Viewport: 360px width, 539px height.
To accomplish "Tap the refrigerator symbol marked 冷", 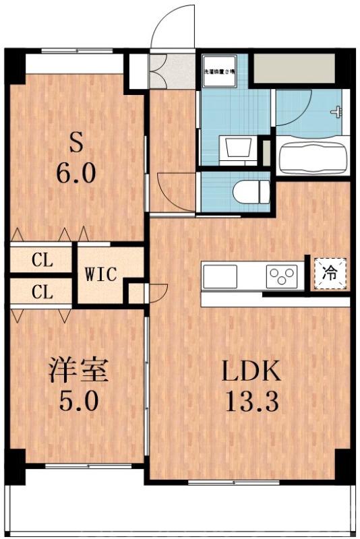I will pos(330,274).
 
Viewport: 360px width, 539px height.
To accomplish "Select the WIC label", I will pos(101,275).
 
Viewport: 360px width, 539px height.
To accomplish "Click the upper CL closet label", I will pos(42,259).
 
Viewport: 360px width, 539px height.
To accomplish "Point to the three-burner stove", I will pos(282,275).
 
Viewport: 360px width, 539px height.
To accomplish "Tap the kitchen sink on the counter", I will pos(220,275).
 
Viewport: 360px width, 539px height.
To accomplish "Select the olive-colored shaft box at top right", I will pos(294,67).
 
